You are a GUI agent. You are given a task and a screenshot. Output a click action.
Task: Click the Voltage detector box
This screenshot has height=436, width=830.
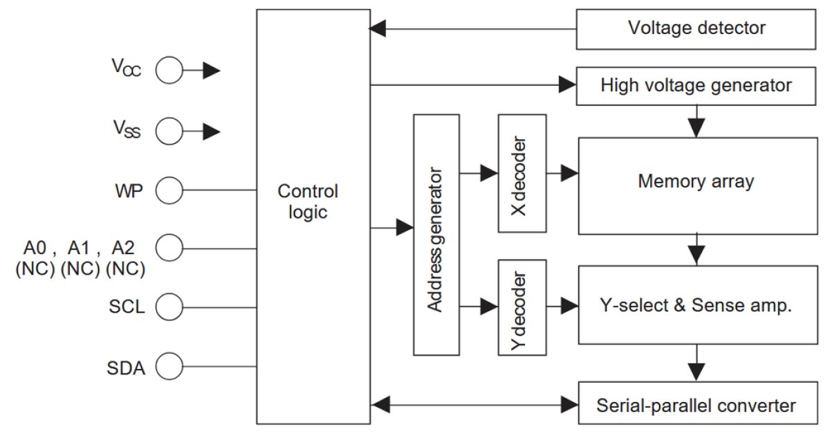pyautogui.click(x=697, y=29)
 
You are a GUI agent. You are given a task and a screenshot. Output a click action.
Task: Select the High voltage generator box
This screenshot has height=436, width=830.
pyautogui.click(x=697, y=87)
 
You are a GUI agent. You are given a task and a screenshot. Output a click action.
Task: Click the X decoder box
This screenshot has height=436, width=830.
pyautogui.click(x=522, y=173)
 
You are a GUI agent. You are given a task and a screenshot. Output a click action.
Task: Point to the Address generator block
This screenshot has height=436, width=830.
pyautogui.click(x=436, y=234)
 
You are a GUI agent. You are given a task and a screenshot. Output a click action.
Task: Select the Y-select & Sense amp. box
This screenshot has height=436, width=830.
pyautogui.click(x=697, y=306)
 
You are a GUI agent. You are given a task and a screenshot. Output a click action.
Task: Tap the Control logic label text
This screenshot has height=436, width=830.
pyautogui.click(x=308, y=201)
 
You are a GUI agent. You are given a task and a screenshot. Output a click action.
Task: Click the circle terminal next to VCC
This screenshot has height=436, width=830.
pyautogui.click(x=170, y=70)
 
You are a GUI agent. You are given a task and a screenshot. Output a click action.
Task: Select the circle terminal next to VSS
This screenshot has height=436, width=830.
pyautogui.click(x=170, y=129)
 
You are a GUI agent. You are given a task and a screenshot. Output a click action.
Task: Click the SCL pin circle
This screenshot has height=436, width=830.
pyautogui.click(x=170, y=305)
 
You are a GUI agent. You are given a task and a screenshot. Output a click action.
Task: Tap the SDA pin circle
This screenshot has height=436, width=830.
pyautogui.click(x=170, y=365)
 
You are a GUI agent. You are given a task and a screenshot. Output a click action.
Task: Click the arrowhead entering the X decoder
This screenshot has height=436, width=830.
pyautogui.click(x=489, y=173)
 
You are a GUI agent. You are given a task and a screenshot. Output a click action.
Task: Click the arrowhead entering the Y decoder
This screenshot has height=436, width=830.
pyautogui.click(x=489, y=305)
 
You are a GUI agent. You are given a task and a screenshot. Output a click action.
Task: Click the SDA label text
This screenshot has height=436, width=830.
pyautogui.click(x=127, y=367)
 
